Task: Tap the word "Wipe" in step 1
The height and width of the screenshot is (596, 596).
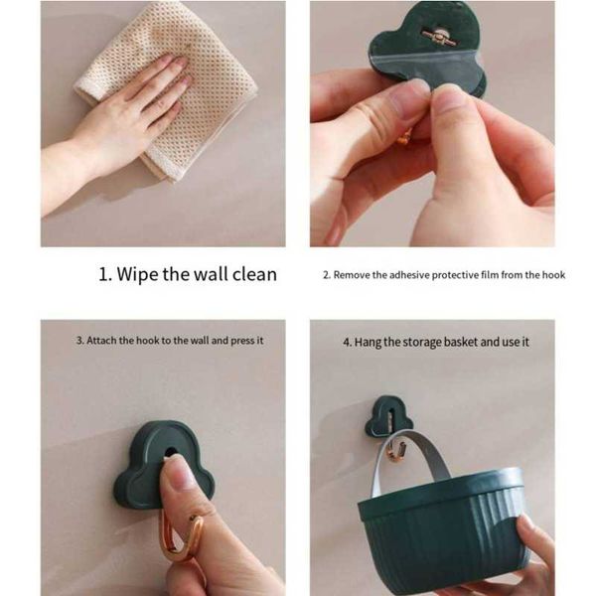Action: tap(137, 275)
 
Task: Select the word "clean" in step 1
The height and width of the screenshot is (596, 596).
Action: tap(254, 274)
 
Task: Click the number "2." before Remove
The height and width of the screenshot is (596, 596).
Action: tap(327, 275)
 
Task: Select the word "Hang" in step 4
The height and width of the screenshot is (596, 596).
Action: tap(368, 343)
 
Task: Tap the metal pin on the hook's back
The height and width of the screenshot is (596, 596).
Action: tap(439, 37)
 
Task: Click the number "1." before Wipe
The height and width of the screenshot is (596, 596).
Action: tap(105, 275)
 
